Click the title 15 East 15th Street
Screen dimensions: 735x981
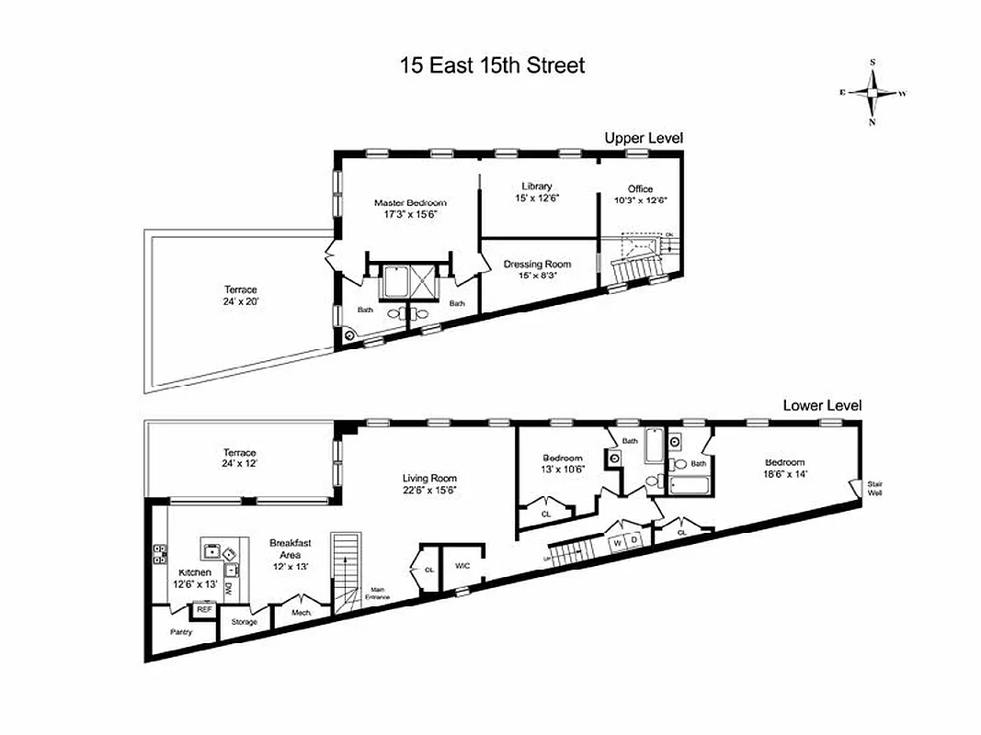click(x=492, y=66)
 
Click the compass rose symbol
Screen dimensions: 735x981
click(x=873, y=92)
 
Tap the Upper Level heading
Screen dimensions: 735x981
click(x=643, y=138)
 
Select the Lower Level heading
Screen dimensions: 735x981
click(x=821, y=405)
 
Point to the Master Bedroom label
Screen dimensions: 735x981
click(x=409, y=202)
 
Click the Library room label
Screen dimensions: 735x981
click(x=536, y=187)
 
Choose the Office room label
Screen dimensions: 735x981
click(x=640, y=188)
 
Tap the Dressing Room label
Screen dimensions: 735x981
click(x=537, y=264)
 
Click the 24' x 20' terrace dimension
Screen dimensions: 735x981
click(x=239, y=300)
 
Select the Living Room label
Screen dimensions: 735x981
click(x=429, y=478)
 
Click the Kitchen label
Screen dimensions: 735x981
click(x=194, y=572)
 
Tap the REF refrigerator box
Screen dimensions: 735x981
click(x=202, y=608)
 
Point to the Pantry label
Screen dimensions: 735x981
click(x=180, y=631)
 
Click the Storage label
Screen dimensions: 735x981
click(x=244, y=622)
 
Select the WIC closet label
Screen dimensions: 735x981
click(x=462, y=566)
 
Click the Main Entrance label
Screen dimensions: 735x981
click(x=377, y=594)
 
